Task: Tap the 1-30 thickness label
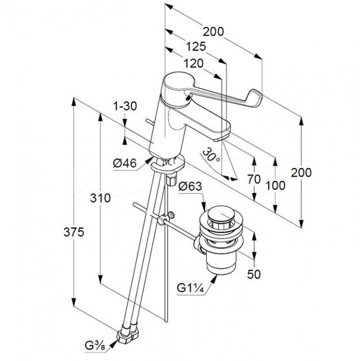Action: (125, 106)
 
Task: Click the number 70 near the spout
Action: (254, 180)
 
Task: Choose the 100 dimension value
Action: (278, 185)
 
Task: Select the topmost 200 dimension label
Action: (212, 31)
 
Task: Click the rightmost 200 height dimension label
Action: (301, 172)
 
